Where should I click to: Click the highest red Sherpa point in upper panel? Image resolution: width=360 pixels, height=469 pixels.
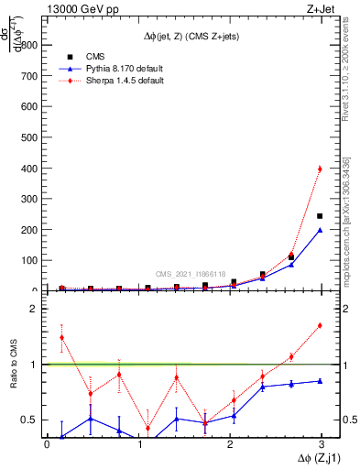320,169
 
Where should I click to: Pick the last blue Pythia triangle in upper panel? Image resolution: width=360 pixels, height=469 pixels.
320,230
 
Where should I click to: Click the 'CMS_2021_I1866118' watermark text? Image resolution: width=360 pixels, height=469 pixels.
190,273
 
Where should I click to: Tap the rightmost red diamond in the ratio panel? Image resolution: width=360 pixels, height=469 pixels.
320,325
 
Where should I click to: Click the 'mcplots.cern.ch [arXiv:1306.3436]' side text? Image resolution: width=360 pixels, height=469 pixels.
347,228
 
